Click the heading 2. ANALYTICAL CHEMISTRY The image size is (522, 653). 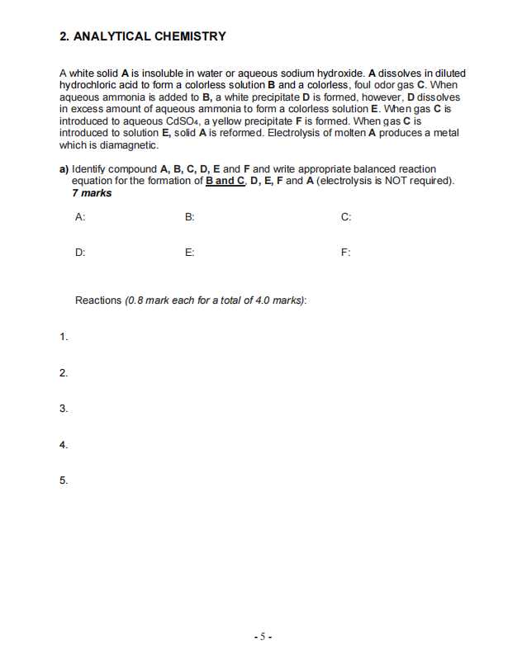point(143,36)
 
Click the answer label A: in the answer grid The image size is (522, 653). point(79,217)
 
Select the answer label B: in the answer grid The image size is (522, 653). point(189,217)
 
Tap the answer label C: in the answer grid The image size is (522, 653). point(345,217)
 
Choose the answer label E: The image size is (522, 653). point(189,253)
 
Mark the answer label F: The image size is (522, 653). point(345,253)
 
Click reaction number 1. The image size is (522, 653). point(64,337)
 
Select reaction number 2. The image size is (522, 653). point(64,373)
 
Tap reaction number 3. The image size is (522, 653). point(64,409)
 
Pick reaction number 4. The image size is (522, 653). point(64,445)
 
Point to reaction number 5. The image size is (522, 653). point(64,480)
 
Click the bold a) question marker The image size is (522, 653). point(64,169)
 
